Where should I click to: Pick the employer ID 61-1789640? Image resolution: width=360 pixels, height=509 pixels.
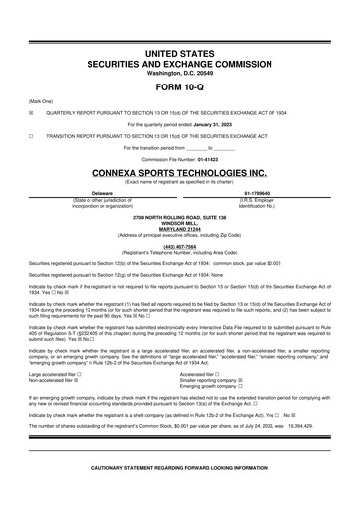[263, 192]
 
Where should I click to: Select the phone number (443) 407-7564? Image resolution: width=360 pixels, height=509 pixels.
[179, 246]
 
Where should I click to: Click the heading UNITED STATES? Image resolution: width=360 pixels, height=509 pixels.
[179, 49]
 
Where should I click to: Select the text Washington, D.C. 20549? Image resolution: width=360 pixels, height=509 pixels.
[179, 70]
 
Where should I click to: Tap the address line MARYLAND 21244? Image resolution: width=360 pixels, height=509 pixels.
[179, 227]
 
